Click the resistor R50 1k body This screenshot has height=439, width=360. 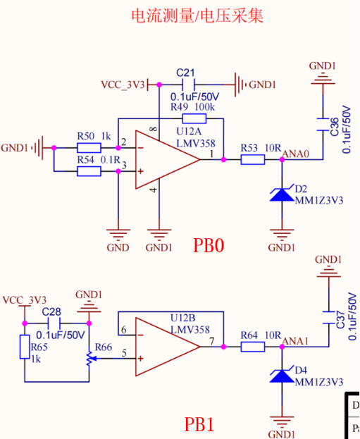point(89,148)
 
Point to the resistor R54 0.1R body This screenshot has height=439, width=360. point(89,171)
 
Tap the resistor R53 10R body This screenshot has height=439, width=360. point(253,160)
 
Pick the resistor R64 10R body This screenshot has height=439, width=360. point(253,346)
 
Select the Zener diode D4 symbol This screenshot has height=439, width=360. point(282,376)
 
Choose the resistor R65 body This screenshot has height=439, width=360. point(25,347)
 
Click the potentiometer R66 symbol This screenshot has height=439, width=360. point(89,359)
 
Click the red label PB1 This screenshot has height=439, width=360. point(199,425)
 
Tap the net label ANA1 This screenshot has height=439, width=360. point(294,340)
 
